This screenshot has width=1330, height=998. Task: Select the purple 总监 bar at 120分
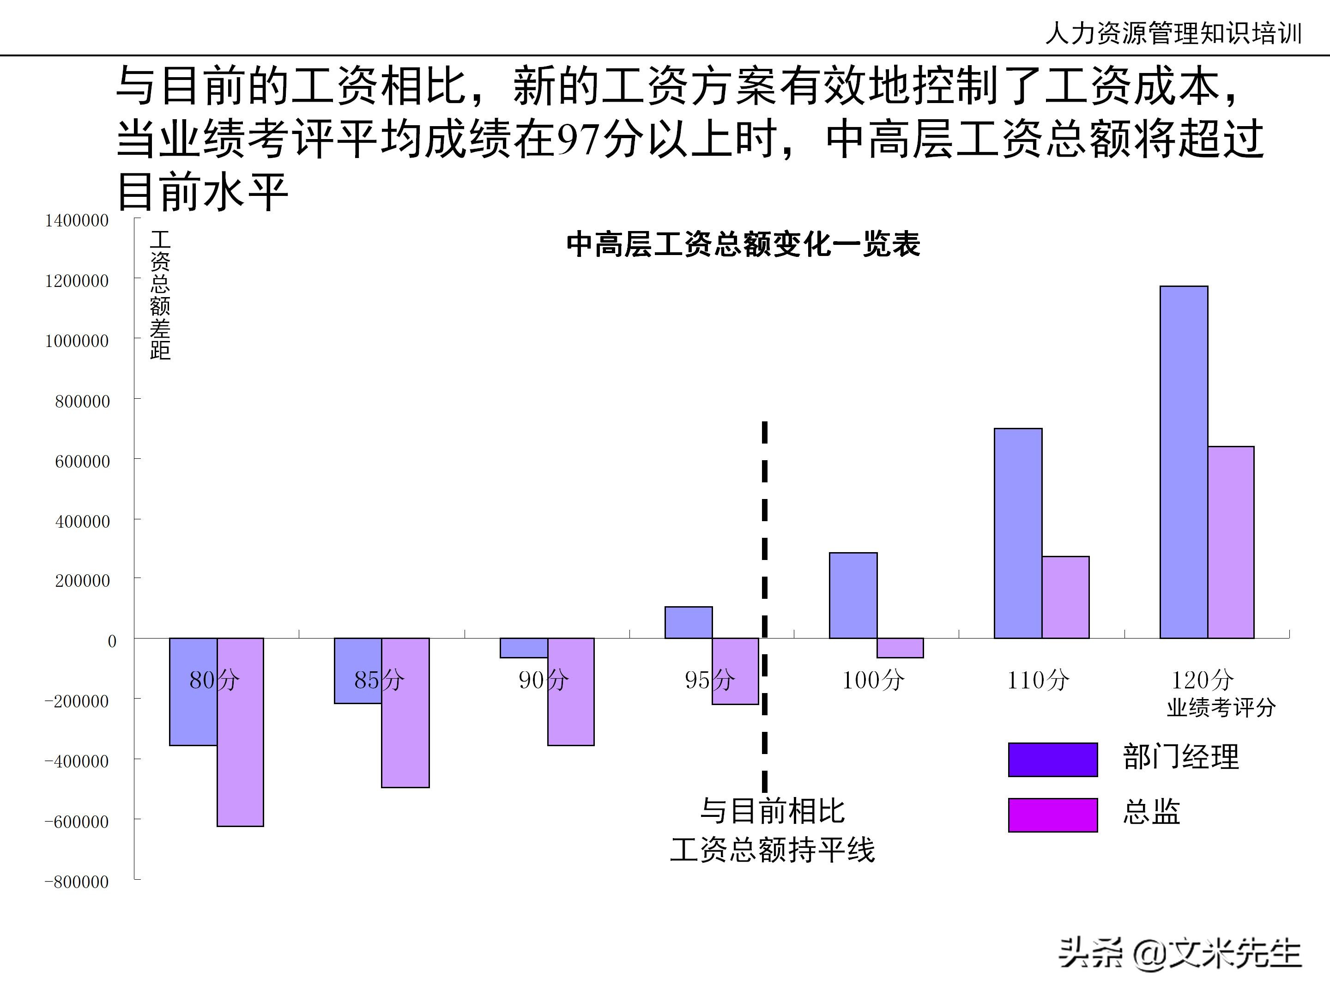[1230, 542]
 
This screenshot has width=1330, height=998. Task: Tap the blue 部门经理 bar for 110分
[1017, 532]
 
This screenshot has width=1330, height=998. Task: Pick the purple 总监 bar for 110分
[1065, 597]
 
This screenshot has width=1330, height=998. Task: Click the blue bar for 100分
[852, 595]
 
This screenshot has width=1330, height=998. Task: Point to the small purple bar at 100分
[900, 648]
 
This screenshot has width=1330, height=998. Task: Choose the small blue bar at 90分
[523, 648]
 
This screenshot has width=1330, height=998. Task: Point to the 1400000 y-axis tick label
[77, 220]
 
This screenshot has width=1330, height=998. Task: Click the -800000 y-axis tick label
[77, 882]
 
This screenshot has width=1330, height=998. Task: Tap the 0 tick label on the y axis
[112, 641]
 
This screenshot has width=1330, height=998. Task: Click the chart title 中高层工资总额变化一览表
[743, 244]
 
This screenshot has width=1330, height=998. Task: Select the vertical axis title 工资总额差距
[160, 295]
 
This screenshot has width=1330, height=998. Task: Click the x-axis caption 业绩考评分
[1221, 707]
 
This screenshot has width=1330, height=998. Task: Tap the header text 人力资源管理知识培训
[1173, 33]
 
